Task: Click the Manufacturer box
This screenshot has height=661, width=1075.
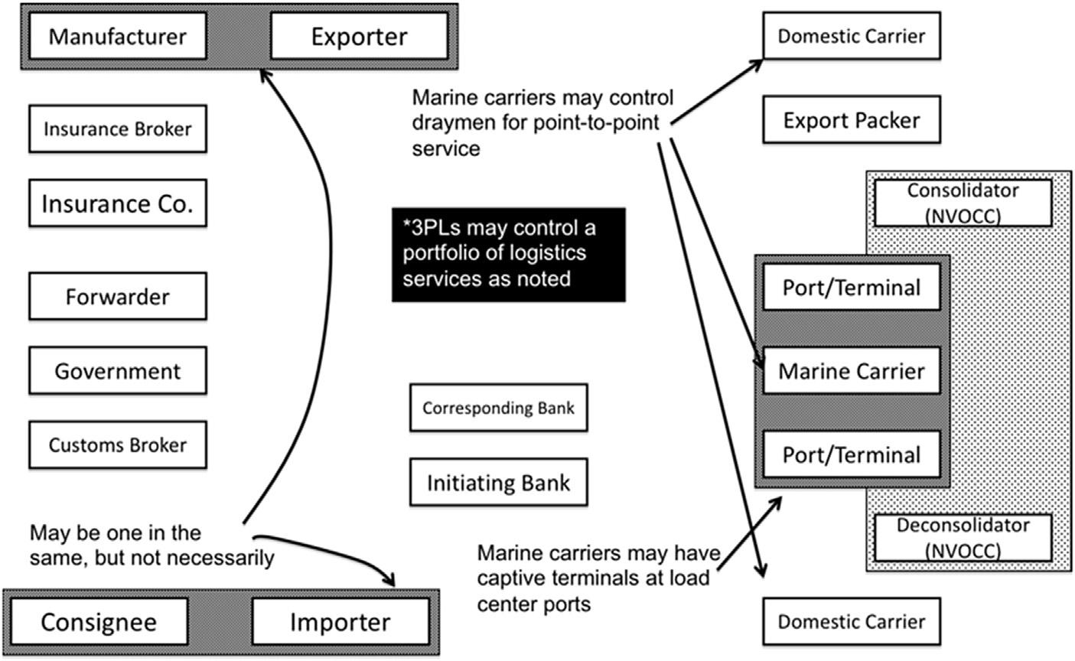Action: (117, 36)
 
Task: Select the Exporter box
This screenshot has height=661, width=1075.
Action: (359, 36)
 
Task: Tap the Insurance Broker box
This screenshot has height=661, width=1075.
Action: (117, 129)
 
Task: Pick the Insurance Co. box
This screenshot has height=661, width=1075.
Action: (117, 204)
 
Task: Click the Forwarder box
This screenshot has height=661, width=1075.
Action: (117, 296)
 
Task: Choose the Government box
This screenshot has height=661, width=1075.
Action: (117, 371)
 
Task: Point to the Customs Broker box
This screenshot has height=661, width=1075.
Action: (117, 444)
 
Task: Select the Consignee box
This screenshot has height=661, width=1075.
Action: (98, 622)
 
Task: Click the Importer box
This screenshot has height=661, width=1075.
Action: (340, 622)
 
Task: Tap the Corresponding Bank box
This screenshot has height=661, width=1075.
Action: (498, 408)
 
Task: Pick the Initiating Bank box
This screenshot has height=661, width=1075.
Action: (498, 483)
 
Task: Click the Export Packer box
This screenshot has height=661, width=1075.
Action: (851, 120)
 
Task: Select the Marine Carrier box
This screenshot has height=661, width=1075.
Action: (851, 371)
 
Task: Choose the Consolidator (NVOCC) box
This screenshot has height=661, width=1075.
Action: (963, 203)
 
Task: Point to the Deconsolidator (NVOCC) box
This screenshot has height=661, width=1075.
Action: (963, 537)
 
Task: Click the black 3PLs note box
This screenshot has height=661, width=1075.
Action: (509, 254)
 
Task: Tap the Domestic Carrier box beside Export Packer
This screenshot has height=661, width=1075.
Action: (851, 36)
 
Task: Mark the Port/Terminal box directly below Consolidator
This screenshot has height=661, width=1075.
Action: (851, 288)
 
